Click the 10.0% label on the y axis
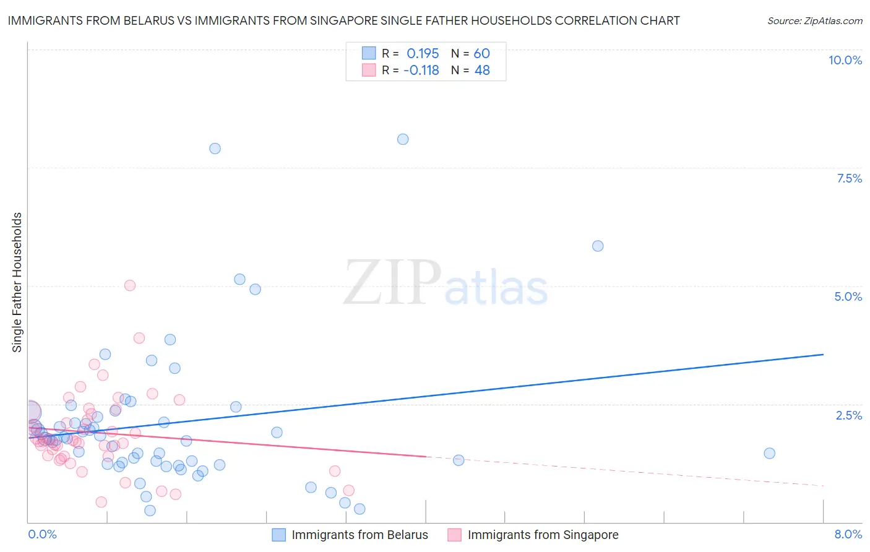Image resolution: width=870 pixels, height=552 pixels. (845, 60)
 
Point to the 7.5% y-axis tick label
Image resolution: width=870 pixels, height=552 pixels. (849, 178)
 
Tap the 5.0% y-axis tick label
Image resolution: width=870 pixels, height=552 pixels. (848, 296)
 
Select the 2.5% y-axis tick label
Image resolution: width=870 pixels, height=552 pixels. (848, 415)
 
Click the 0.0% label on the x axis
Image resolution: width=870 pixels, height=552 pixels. (42, 534)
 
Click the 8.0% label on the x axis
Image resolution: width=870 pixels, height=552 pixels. (848, 534)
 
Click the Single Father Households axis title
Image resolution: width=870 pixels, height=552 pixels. (17, 282)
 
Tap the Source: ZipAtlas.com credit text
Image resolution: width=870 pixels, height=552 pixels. (814, 21)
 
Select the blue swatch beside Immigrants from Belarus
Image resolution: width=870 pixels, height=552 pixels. (279, 535)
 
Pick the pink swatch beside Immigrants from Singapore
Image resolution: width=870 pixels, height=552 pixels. (455, 535)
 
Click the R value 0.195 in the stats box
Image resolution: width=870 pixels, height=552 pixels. (423, 54)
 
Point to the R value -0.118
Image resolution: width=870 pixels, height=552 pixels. (421, 71)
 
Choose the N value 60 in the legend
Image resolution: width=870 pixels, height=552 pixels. (481, 54)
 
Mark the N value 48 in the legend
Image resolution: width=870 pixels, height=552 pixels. (481, 71)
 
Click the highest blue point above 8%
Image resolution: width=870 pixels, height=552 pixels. (403, 139)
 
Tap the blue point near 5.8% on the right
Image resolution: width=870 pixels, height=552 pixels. (598, 246)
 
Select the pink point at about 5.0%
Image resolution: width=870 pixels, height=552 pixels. (130, 285)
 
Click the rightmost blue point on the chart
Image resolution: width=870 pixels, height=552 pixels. (769, 453)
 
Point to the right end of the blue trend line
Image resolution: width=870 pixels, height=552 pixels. (823, 354)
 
